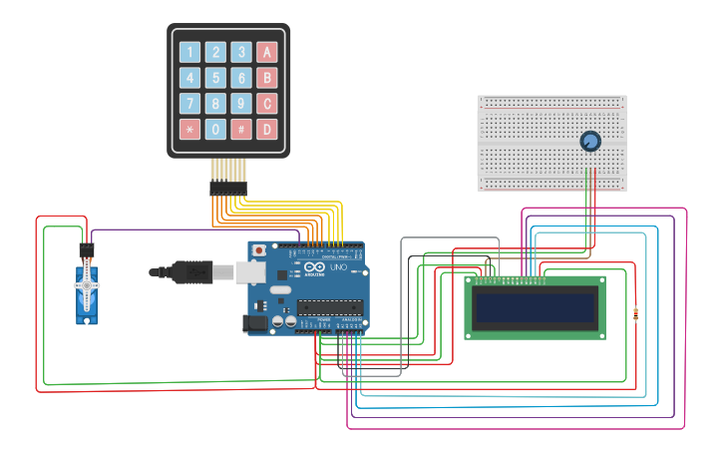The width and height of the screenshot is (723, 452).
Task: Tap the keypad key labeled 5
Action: tap(214, 78)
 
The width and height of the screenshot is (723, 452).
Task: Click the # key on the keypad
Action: tap(240, 129)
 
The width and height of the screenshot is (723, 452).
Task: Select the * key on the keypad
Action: tap(189, 129)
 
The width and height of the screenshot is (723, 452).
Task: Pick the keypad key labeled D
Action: tap(266, 129)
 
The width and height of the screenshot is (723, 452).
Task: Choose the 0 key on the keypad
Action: tap(214, 129)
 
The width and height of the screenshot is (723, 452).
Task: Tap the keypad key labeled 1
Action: tap(189, 52)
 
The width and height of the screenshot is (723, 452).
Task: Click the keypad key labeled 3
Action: tap(240, 52)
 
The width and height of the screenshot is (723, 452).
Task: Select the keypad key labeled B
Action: tap(266, 78)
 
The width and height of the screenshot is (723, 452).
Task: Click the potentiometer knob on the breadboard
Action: tap(590, 143)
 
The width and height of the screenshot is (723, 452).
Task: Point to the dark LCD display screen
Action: tap(536, 308)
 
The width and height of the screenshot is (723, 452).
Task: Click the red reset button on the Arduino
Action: tap(259, 249)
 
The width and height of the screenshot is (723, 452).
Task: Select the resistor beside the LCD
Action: tap(636, 314)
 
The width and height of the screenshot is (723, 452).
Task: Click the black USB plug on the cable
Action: tap(189, 271)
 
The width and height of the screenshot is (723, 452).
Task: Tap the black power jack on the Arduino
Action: tap(254, 323)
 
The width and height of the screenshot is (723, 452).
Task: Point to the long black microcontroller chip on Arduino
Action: tap(328, 306)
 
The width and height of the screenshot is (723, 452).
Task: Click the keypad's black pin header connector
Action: tap(227, 187)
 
